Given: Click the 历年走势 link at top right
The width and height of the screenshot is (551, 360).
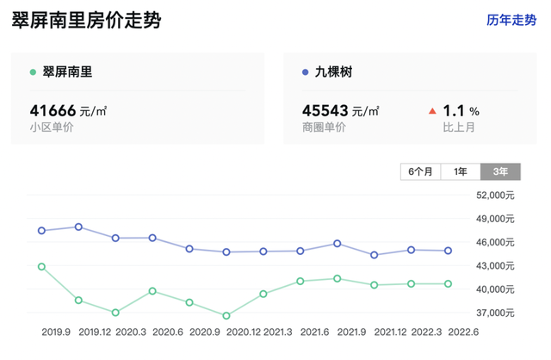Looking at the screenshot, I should tap(511, 20).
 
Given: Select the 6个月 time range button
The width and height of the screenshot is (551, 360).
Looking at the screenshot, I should tap(421, 171).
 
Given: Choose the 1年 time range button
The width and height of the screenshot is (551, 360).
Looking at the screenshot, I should tap(461, 171).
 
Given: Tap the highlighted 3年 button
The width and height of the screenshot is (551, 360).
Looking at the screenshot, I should tap(500, 171).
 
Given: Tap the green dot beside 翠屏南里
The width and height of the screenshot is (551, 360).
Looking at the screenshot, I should tap(33, 73).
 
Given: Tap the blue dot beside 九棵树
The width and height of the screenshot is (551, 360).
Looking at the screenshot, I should tap(306, 73).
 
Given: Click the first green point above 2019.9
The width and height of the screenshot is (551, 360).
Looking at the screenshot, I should tap(41, 267).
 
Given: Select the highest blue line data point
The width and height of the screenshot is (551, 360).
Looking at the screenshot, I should tap(78, 227).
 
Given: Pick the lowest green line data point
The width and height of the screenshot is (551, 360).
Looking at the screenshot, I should tap(226, 316).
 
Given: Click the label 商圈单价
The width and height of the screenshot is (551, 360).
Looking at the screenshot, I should tap(325, 127).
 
